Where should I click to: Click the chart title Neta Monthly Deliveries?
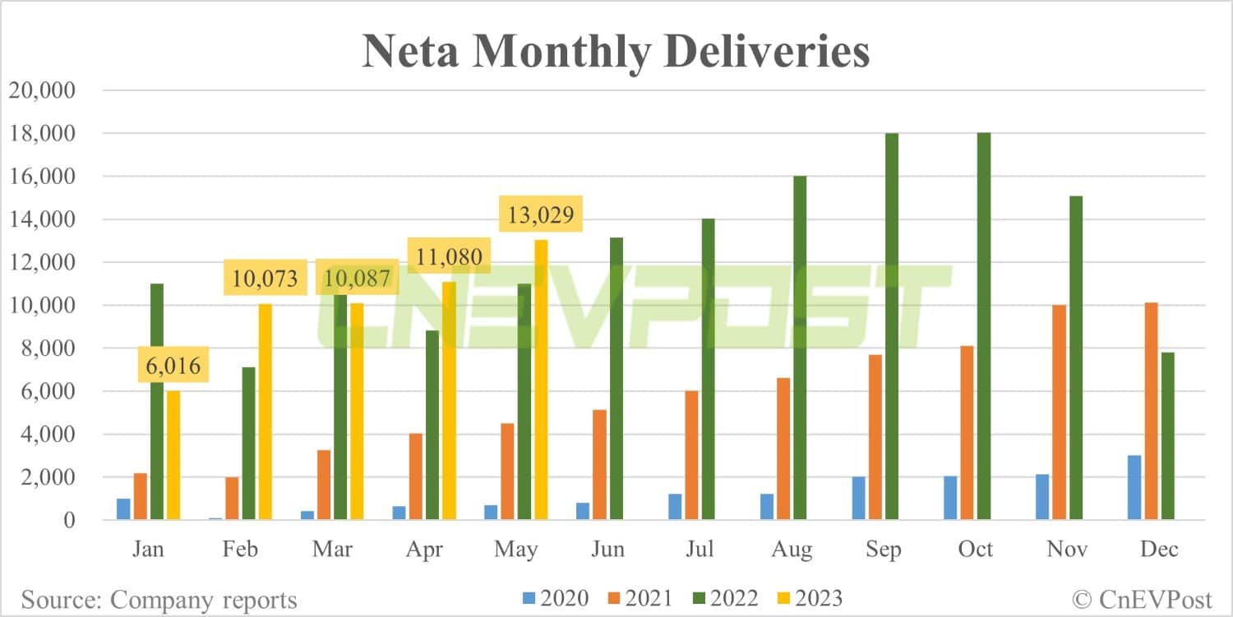[616, 51]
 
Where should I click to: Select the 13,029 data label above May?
[540, 217]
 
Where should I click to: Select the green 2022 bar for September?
[892, 329]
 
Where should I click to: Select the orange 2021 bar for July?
[691, 455]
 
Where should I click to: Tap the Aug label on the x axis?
[792, 550]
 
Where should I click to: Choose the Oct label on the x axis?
[976, 550]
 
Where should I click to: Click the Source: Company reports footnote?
[159, 600]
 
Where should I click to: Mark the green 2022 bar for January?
[156, 402]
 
